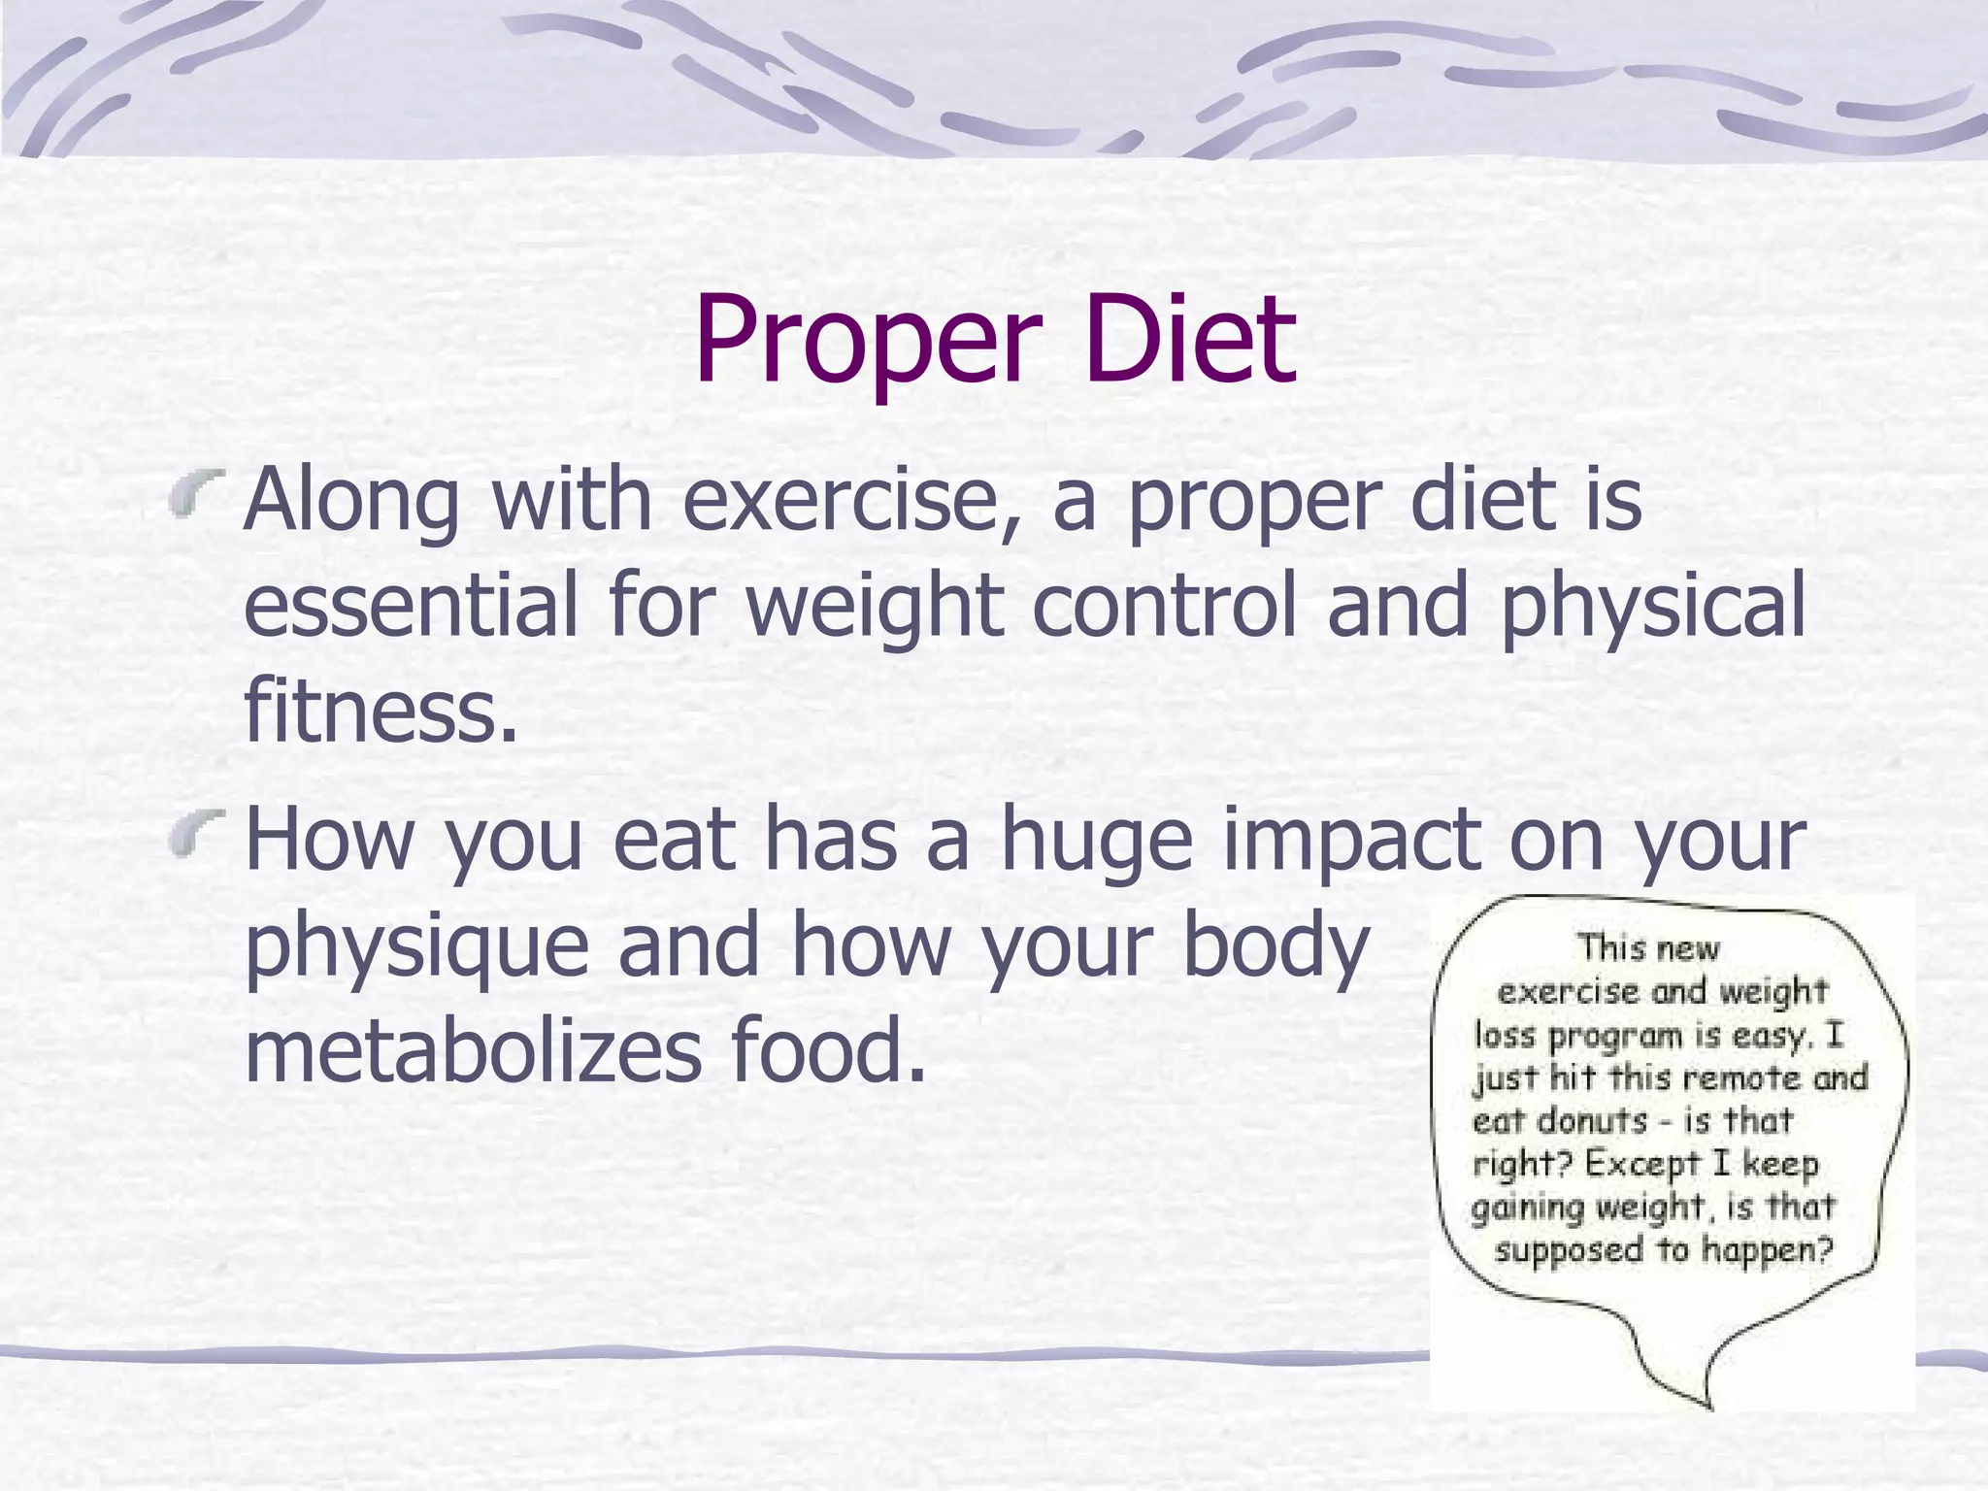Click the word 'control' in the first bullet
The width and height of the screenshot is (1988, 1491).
1165,606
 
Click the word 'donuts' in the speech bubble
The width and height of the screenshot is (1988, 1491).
1593,1121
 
